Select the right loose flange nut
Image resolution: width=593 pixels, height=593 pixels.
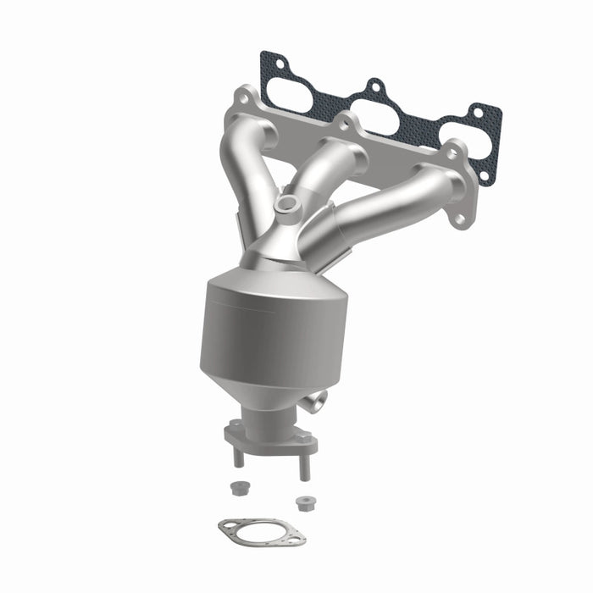[302, 502]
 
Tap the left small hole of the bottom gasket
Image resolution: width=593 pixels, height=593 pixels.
[226, 527]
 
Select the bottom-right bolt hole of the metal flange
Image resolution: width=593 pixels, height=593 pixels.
[458, 219]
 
